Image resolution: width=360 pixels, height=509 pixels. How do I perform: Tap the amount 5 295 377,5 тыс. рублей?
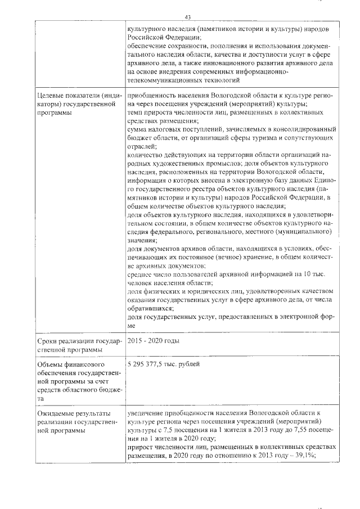click(164, 365)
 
